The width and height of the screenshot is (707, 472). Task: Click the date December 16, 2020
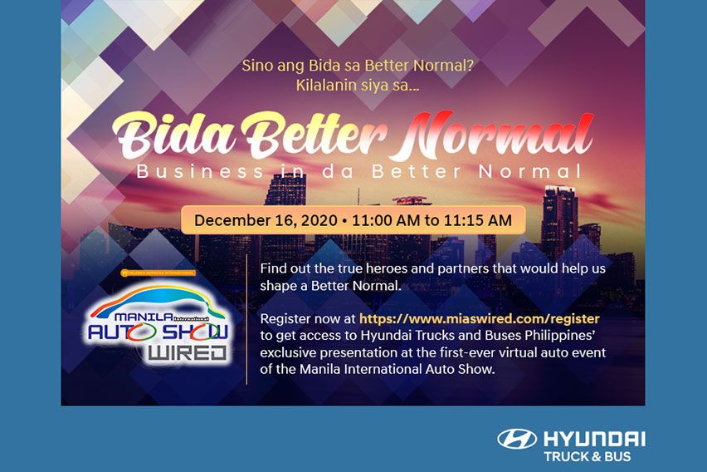point(261,221)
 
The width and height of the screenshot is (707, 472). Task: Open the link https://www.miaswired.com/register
point(479,319)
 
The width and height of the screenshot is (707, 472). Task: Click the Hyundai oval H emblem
point(517,440)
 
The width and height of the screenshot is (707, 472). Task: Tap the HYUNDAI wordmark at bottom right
point(593,439)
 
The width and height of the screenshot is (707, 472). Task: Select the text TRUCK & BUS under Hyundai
point(587,457)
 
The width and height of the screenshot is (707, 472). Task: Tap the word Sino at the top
point(257,65)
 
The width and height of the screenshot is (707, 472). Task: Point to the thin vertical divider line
point(246,319)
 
